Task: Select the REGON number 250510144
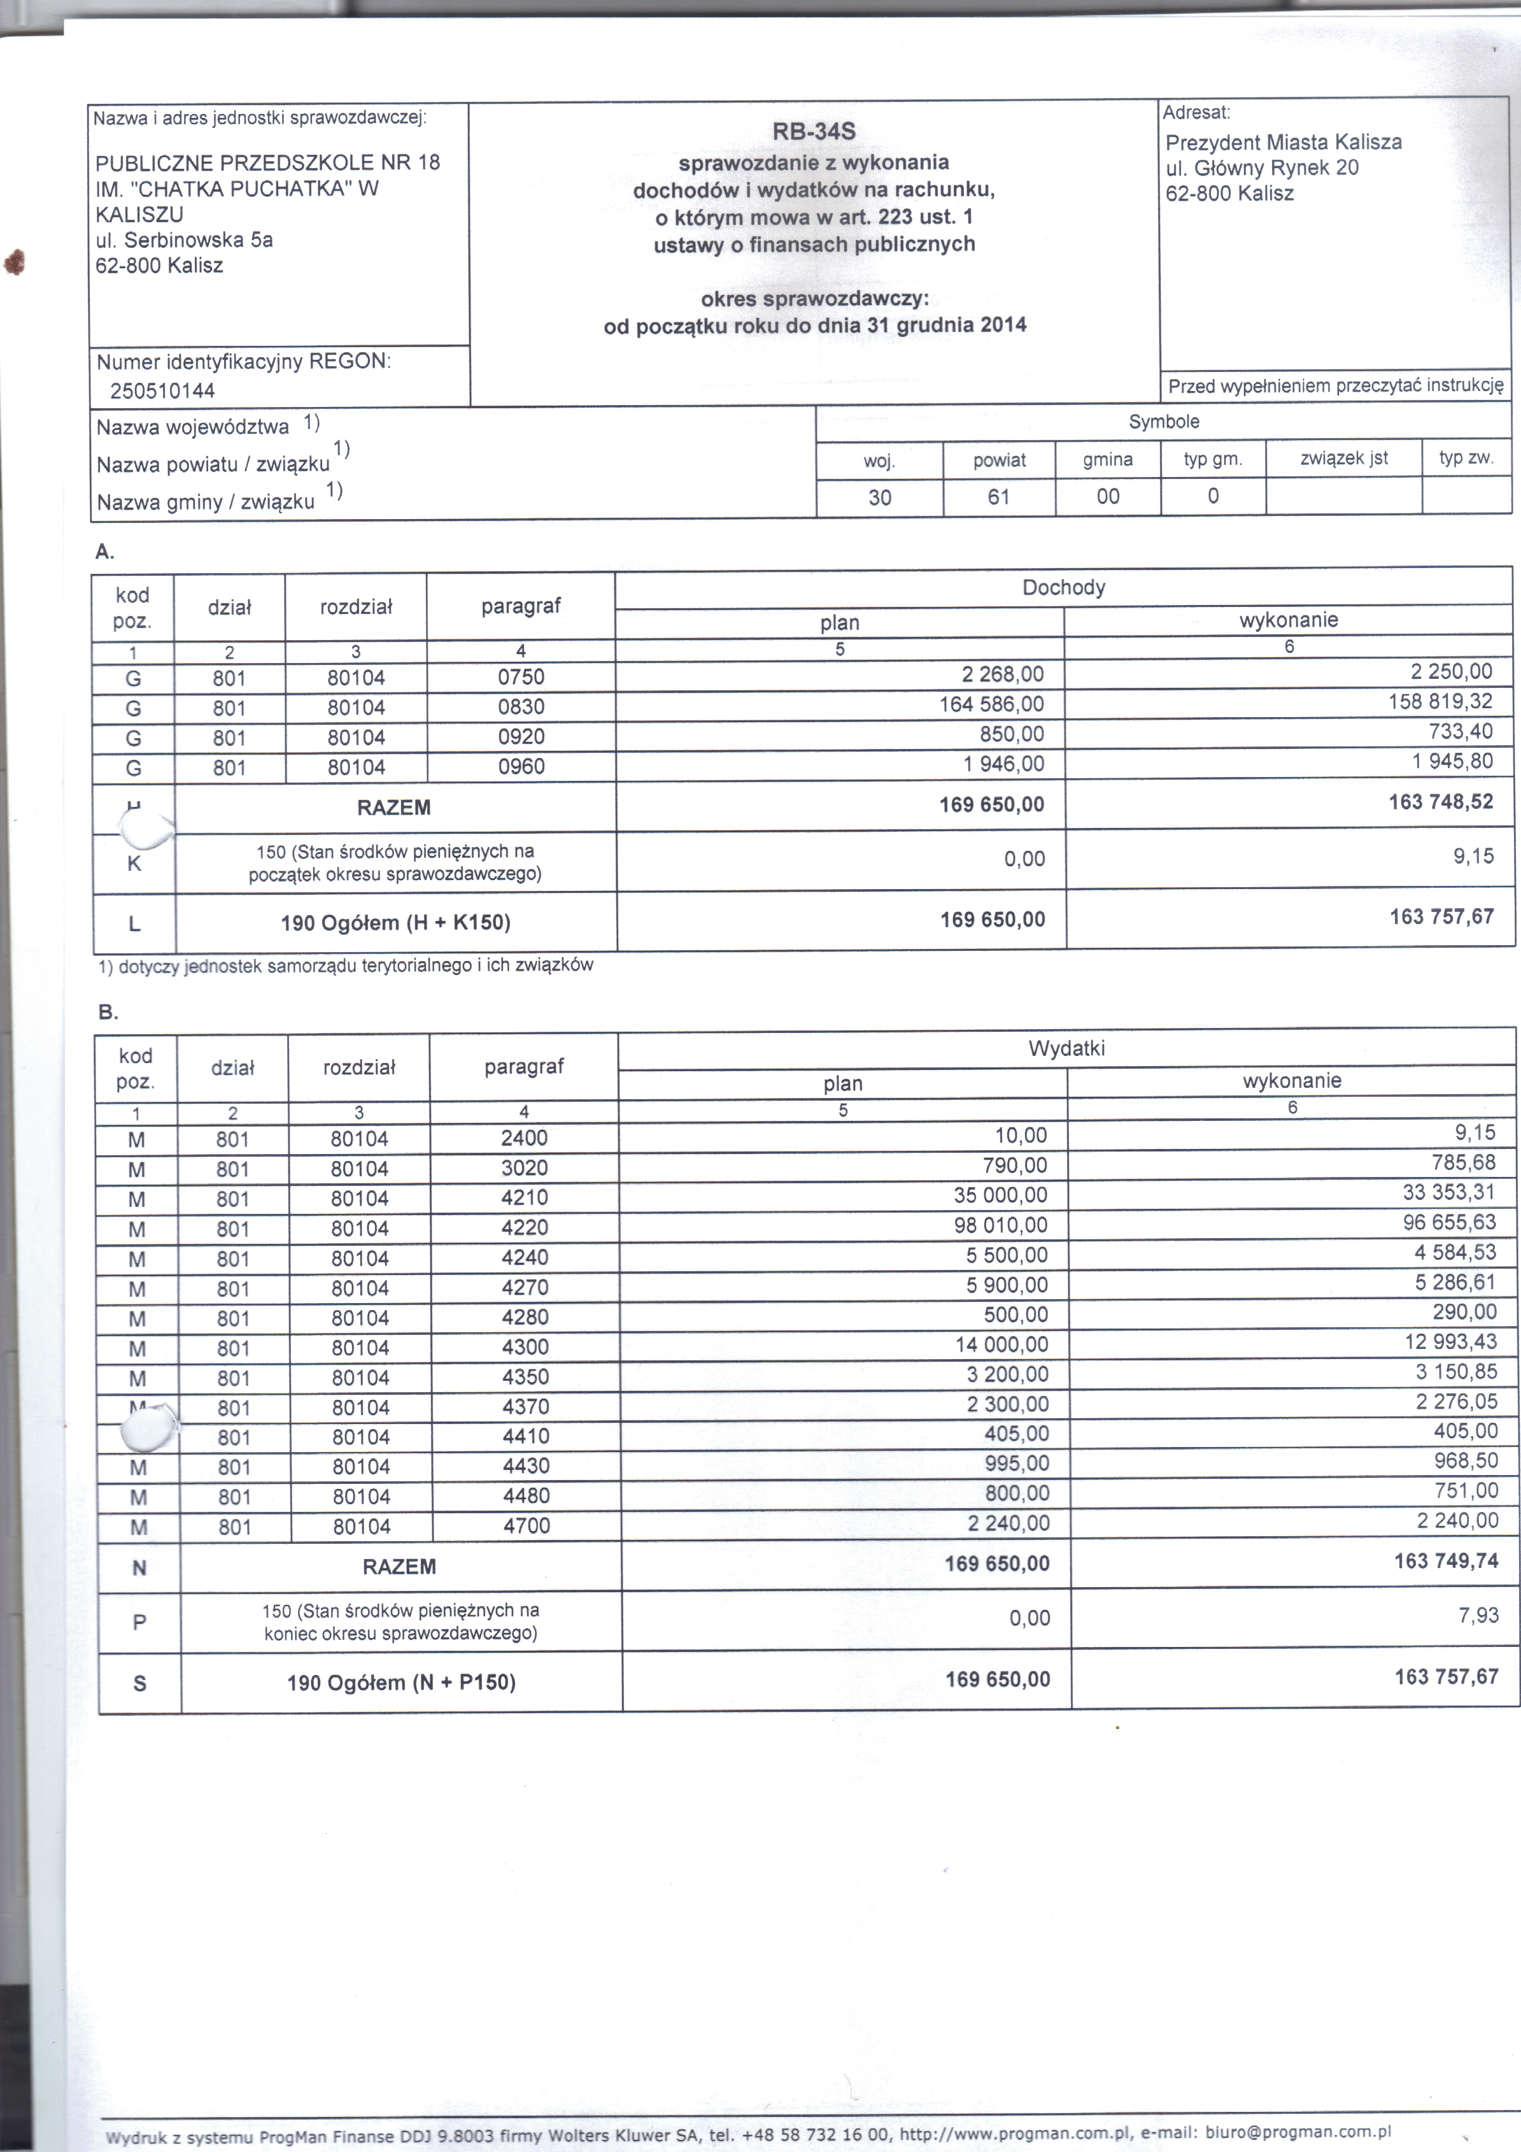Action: point(162,391)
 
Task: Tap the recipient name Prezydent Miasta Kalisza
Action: point(1283,143)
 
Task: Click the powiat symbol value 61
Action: point(998,497)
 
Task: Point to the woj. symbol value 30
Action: point(879,497)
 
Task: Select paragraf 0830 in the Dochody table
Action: point(521,707)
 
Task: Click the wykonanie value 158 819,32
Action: point(1440,702)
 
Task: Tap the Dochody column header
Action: point(1064,588)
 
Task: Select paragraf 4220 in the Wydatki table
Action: point(525,1228)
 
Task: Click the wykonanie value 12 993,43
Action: point(1451,1341)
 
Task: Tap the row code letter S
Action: point(139,1683)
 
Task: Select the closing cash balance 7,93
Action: point(1479,1615)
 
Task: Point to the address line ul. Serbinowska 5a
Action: point(184,240)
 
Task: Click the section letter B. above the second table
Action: point(108,1012)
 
